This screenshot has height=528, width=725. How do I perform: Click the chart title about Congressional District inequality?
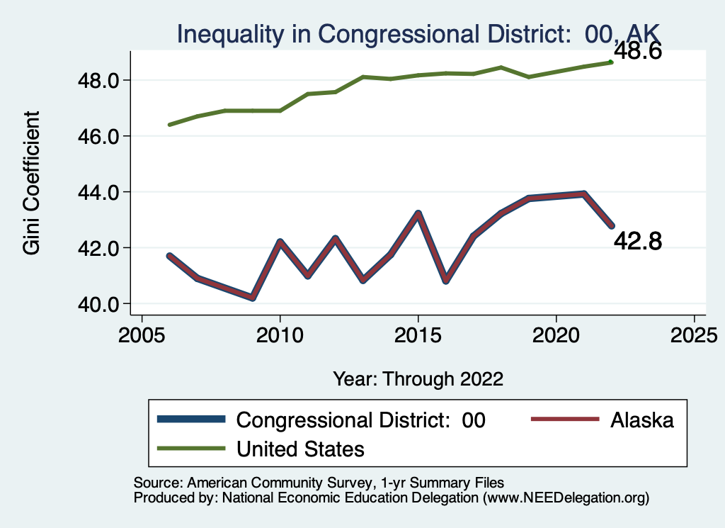point(418,33)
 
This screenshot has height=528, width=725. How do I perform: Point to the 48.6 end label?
point(637,52)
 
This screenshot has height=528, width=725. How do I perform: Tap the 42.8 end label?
point(637,242)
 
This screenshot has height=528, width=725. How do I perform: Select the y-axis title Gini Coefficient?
point(31,183)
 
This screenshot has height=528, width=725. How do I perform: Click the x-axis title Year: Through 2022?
point(418,378)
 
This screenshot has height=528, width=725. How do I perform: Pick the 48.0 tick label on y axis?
point(98,80)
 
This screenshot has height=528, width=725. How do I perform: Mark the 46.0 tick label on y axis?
point(98,136)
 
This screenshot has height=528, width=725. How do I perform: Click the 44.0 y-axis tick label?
point(98,192)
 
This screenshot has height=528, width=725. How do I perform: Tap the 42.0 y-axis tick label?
point(98,248)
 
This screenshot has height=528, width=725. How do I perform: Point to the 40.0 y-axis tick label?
point(98,304)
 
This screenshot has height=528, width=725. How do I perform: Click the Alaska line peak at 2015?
point(418,213)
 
